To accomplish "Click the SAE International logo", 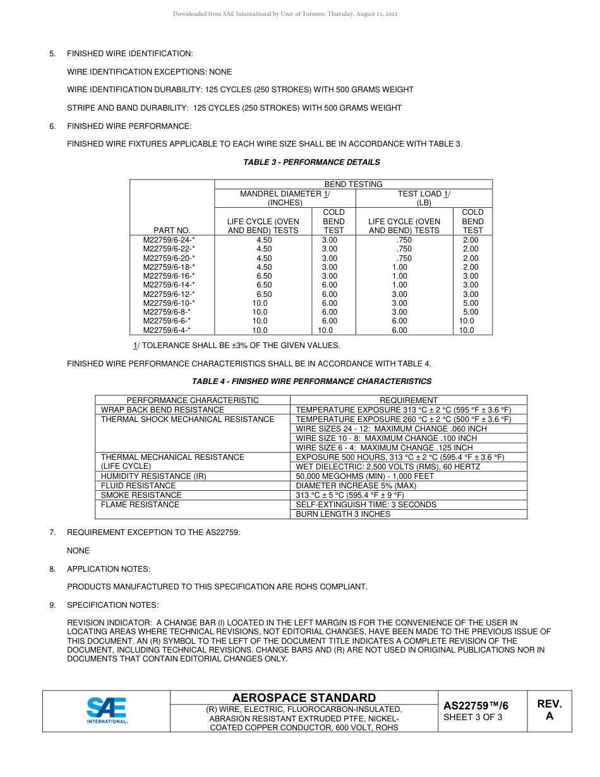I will pyautogui.click(x=107, y=710).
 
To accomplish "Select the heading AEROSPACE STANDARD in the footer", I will pyautogui.click(x=304, y=697).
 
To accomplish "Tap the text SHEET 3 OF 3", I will pyautogui.click(x=473, y=717).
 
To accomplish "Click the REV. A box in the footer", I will pyautogui.click(x=549, y=710).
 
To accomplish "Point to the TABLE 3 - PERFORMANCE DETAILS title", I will pyautogui.click(x=311, y=162).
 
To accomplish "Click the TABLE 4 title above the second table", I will pyautogui.click(x=311, y=382).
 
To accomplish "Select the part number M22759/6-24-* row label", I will pyautogui.click(x=169, y=240).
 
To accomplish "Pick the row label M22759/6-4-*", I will pyautogui.click(x=167, y=330).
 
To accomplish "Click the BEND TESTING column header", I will pyautogui.click(x=353, y=184).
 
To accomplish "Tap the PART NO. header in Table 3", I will pyautogui.click(x=172, y=231).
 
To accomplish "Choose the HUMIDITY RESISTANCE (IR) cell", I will pyautogui.click(x=153, y=476).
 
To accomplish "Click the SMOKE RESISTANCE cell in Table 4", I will pyautogui.click(x=141, y=495).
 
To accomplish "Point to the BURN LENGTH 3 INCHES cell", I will pyautogui.click(x=343, y=514).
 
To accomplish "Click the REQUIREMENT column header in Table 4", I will pyautogui.click(x=408, y=401).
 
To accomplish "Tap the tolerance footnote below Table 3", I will pyautogui.click(x=236, y=346).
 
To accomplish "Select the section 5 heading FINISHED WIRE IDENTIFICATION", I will pyautogui.click(x=129, y=54).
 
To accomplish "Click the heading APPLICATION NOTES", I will pyautogui.click(x=109, y=569).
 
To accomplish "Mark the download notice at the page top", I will pyautogui.click(x=285, y=14).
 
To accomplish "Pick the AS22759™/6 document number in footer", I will pyautogui.click(x=475, y=706).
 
